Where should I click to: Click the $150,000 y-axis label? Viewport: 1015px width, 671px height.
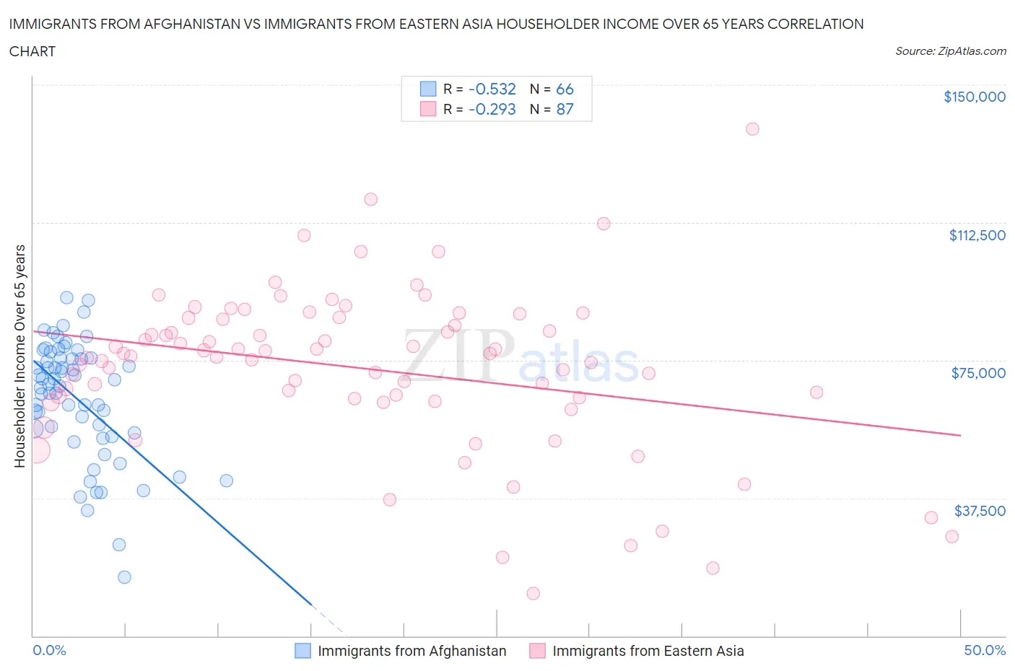click(974, 97)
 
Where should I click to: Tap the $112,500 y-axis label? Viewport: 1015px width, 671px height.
click(977, 235)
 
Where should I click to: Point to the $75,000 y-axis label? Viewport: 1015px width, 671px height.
click(978, 373)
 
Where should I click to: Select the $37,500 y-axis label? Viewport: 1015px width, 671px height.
click(979, 511)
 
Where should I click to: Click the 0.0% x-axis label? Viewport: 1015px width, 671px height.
click(49, 651)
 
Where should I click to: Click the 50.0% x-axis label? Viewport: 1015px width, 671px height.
click(985, 651)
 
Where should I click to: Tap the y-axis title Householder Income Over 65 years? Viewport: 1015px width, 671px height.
click(20, 356)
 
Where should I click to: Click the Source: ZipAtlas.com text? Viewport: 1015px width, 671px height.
click(950, 51)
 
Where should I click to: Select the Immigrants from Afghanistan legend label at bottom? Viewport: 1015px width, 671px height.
click(411, 651)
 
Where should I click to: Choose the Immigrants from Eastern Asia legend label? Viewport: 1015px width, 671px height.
click(648, 651)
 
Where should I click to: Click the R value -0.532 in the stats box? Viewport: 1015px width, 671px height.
click(492, 89)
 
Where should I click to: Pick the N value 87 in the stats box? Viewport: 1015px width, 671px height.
click(565, 110)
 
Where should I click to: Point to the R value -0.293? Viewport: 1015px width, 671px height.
click(492, 110)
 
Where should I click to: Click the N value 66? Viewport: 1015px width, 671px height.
click(565, 89)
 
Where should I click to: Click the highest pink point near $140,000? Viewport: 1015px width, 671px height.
click(752, 129)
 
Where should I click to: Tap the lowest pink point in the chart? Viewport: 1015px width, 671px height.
click(533, 594)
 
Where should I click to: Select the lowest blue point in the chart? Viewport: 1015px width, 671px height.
click(124, 577)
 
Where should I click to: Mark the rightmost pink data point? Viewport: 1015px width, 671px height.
click(951, 537)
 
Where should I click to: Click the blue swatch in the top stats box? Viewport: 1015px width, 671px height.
click(428, 89)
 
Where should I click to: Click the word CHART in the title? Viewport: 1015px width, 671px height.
click(32, 51)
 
